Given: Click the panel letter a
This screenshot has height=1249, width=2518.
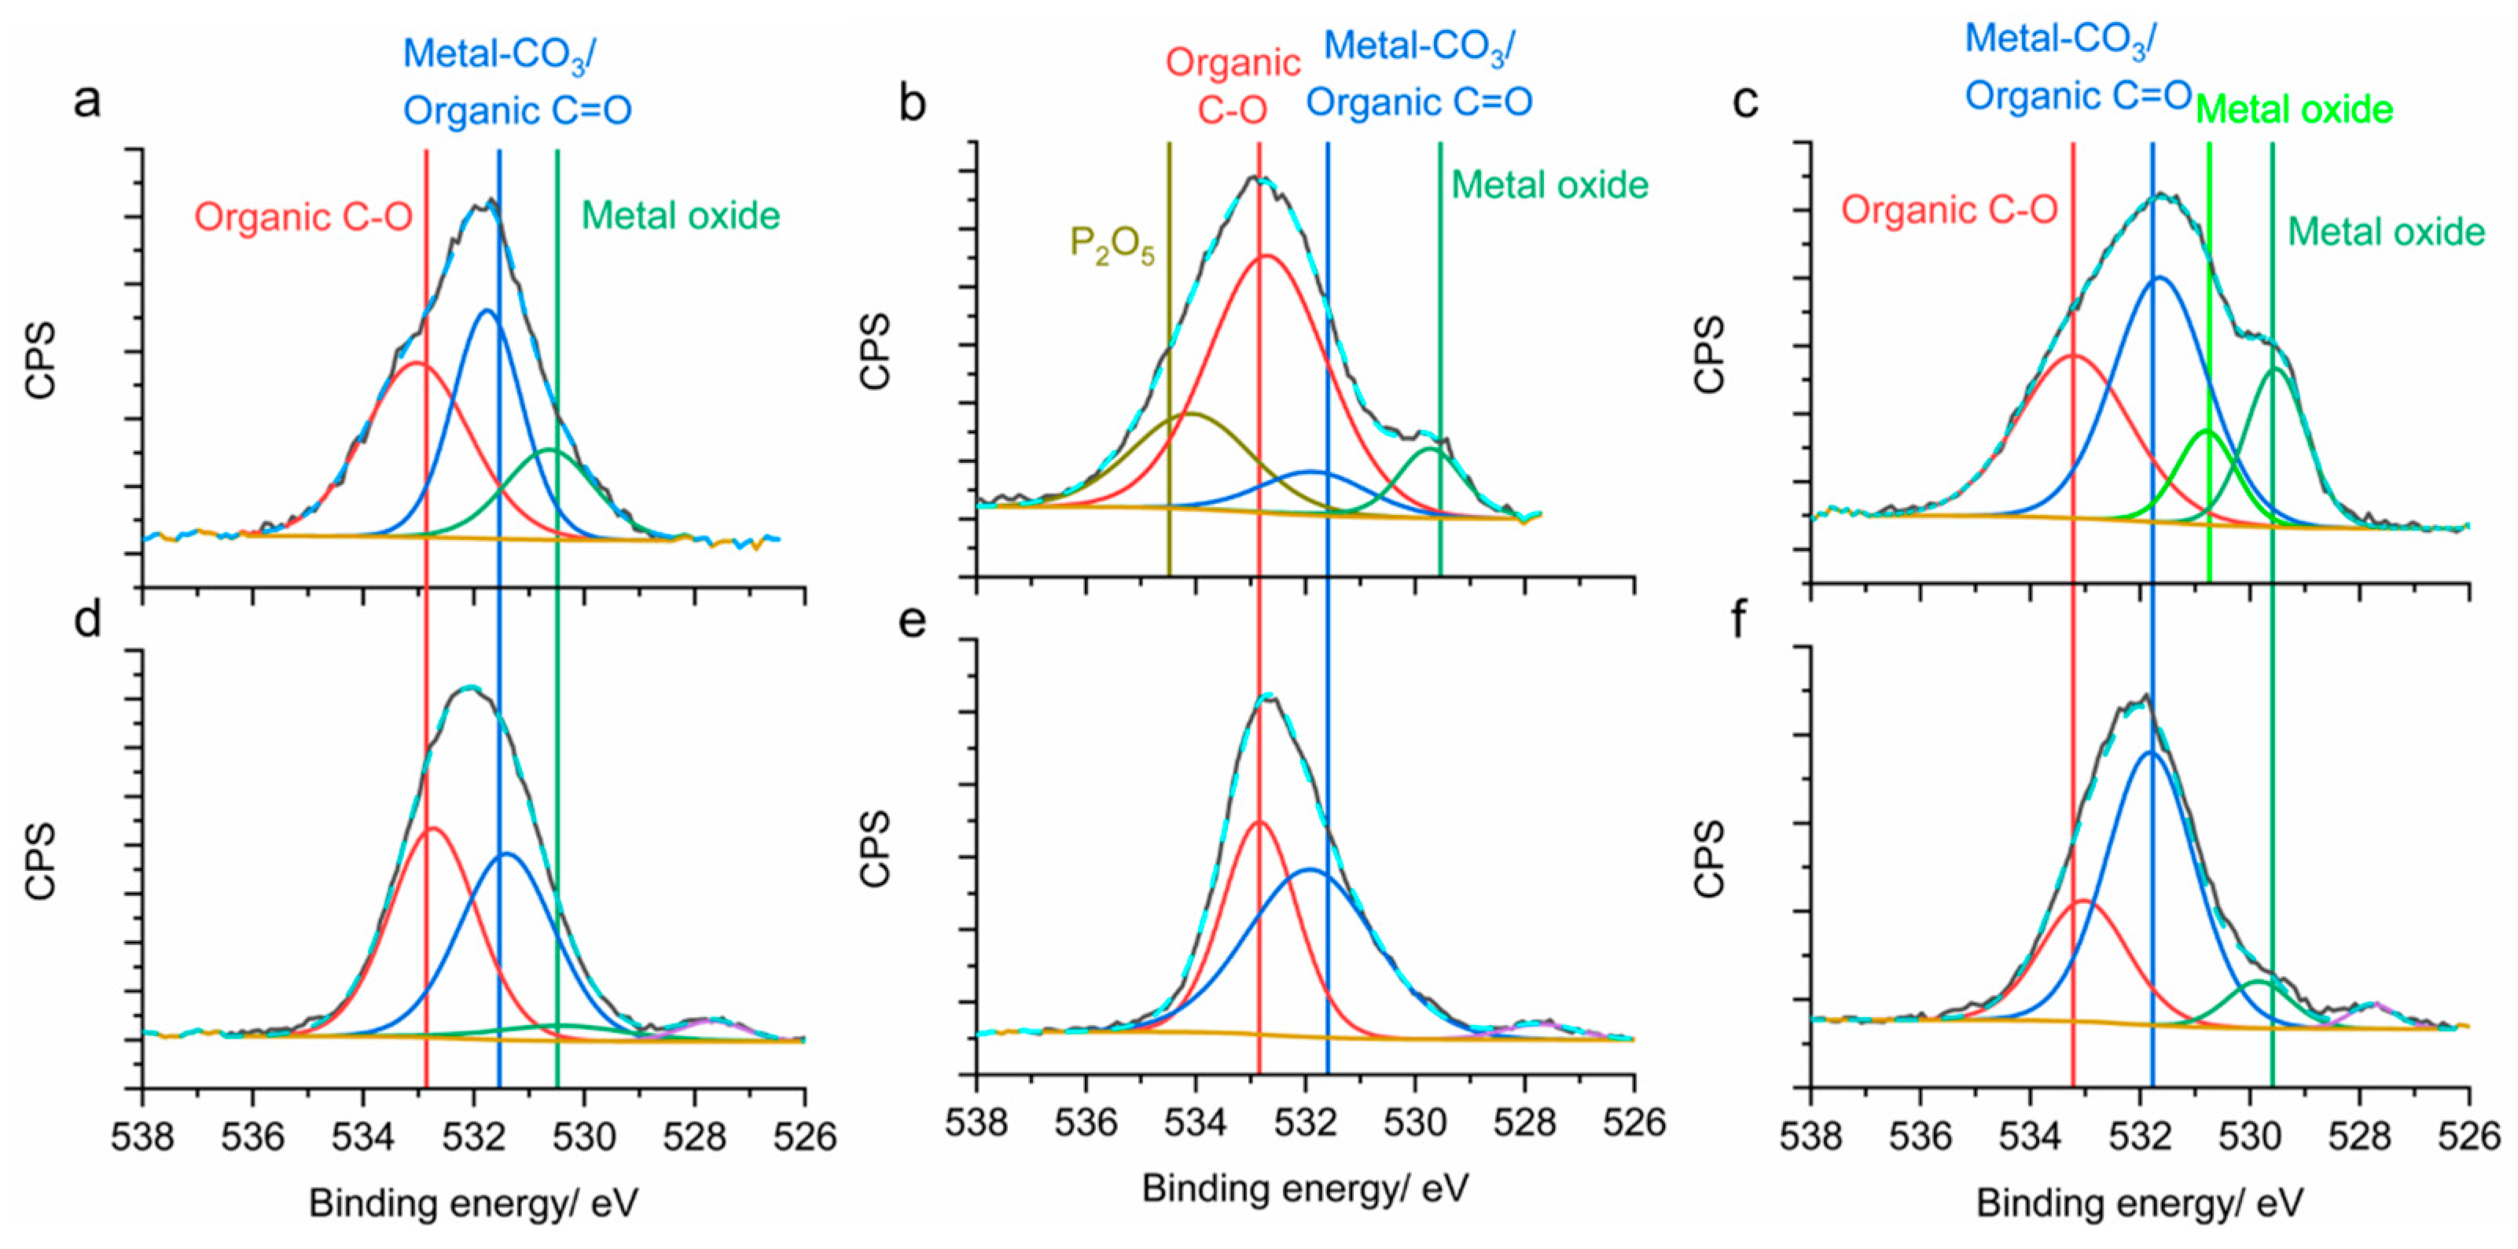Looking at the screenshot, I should (88, 101).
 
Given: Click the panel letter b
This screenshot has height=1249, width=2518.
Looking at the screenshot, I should (912, 103).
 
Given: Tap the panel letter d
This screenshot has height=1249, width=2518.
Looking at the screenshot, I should (88, 619).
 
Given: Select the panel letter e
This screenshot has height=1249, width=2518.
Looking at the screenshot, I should (912, 619).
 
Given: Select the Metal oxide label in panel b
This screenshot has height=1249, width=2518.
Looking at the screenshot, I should (1549, 185).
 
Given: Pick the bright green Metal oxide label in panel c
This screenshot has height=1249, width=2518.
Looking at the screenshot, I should (2294, 109).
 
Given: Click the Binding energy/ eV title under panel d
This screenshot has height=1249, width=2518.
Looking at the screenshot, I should (473, 1203).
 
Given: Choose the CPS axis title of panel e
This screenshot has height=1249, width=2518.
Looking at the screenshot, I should (876, 848).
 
